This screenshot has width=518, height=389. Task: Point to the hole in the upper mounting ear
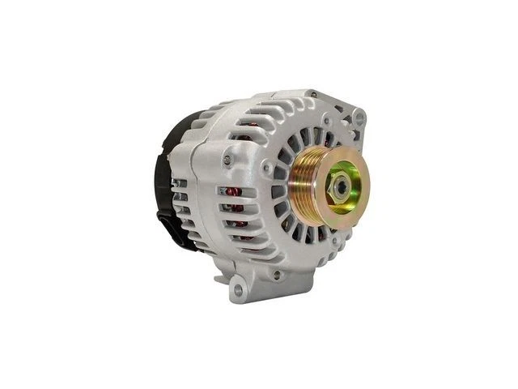(x=359, y=118)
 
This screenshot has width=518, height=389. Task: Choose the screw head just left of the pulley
(x=266, y=168)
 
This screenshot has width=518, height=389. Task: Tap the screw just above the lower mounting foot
(x=277, y=275)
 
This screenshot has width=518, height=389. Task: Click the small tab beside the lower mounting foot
(x=219, y=280)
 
